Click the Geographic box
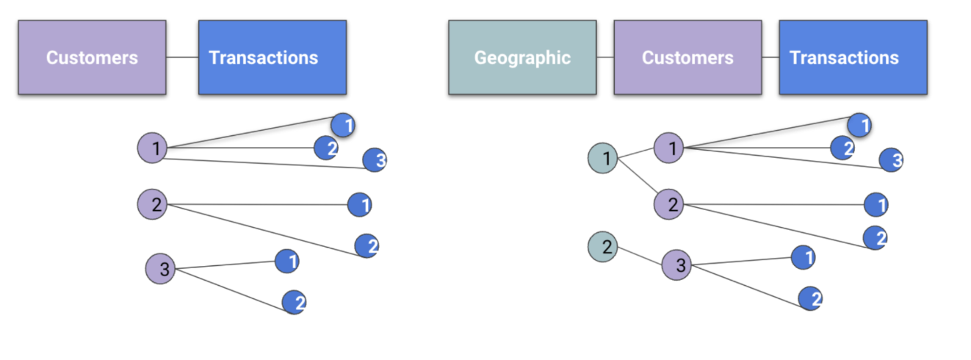[x=522, y=57]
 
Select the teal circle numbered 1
[x=603, y=158]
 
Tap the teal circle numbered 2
[x=603, y=248]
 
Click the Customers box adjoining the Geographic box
[x=687, y=57]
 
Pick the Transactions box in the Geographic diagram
[x=853, y=57]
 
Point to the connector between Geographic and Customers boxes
[x=605, y=57]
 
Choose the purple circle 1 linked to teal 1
[x=669, y=148]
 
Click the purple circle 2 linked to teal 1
[x=669, y=204]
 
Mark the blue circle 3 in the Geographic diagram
[x=891, y=159]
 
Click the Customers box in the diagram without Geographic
[x=92, y=57]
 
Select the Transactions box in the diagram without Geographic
[x=272, y=57]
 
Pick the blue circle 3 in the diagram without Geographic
[x=374, y=159]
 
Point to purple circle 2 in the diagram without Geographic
[x=152, y=204]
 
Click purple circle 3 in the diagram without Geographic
[x=160, y=269]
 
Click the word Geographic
[x=522, y=57]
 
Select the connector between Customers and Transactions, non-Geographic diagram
[x=182, y=57]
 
